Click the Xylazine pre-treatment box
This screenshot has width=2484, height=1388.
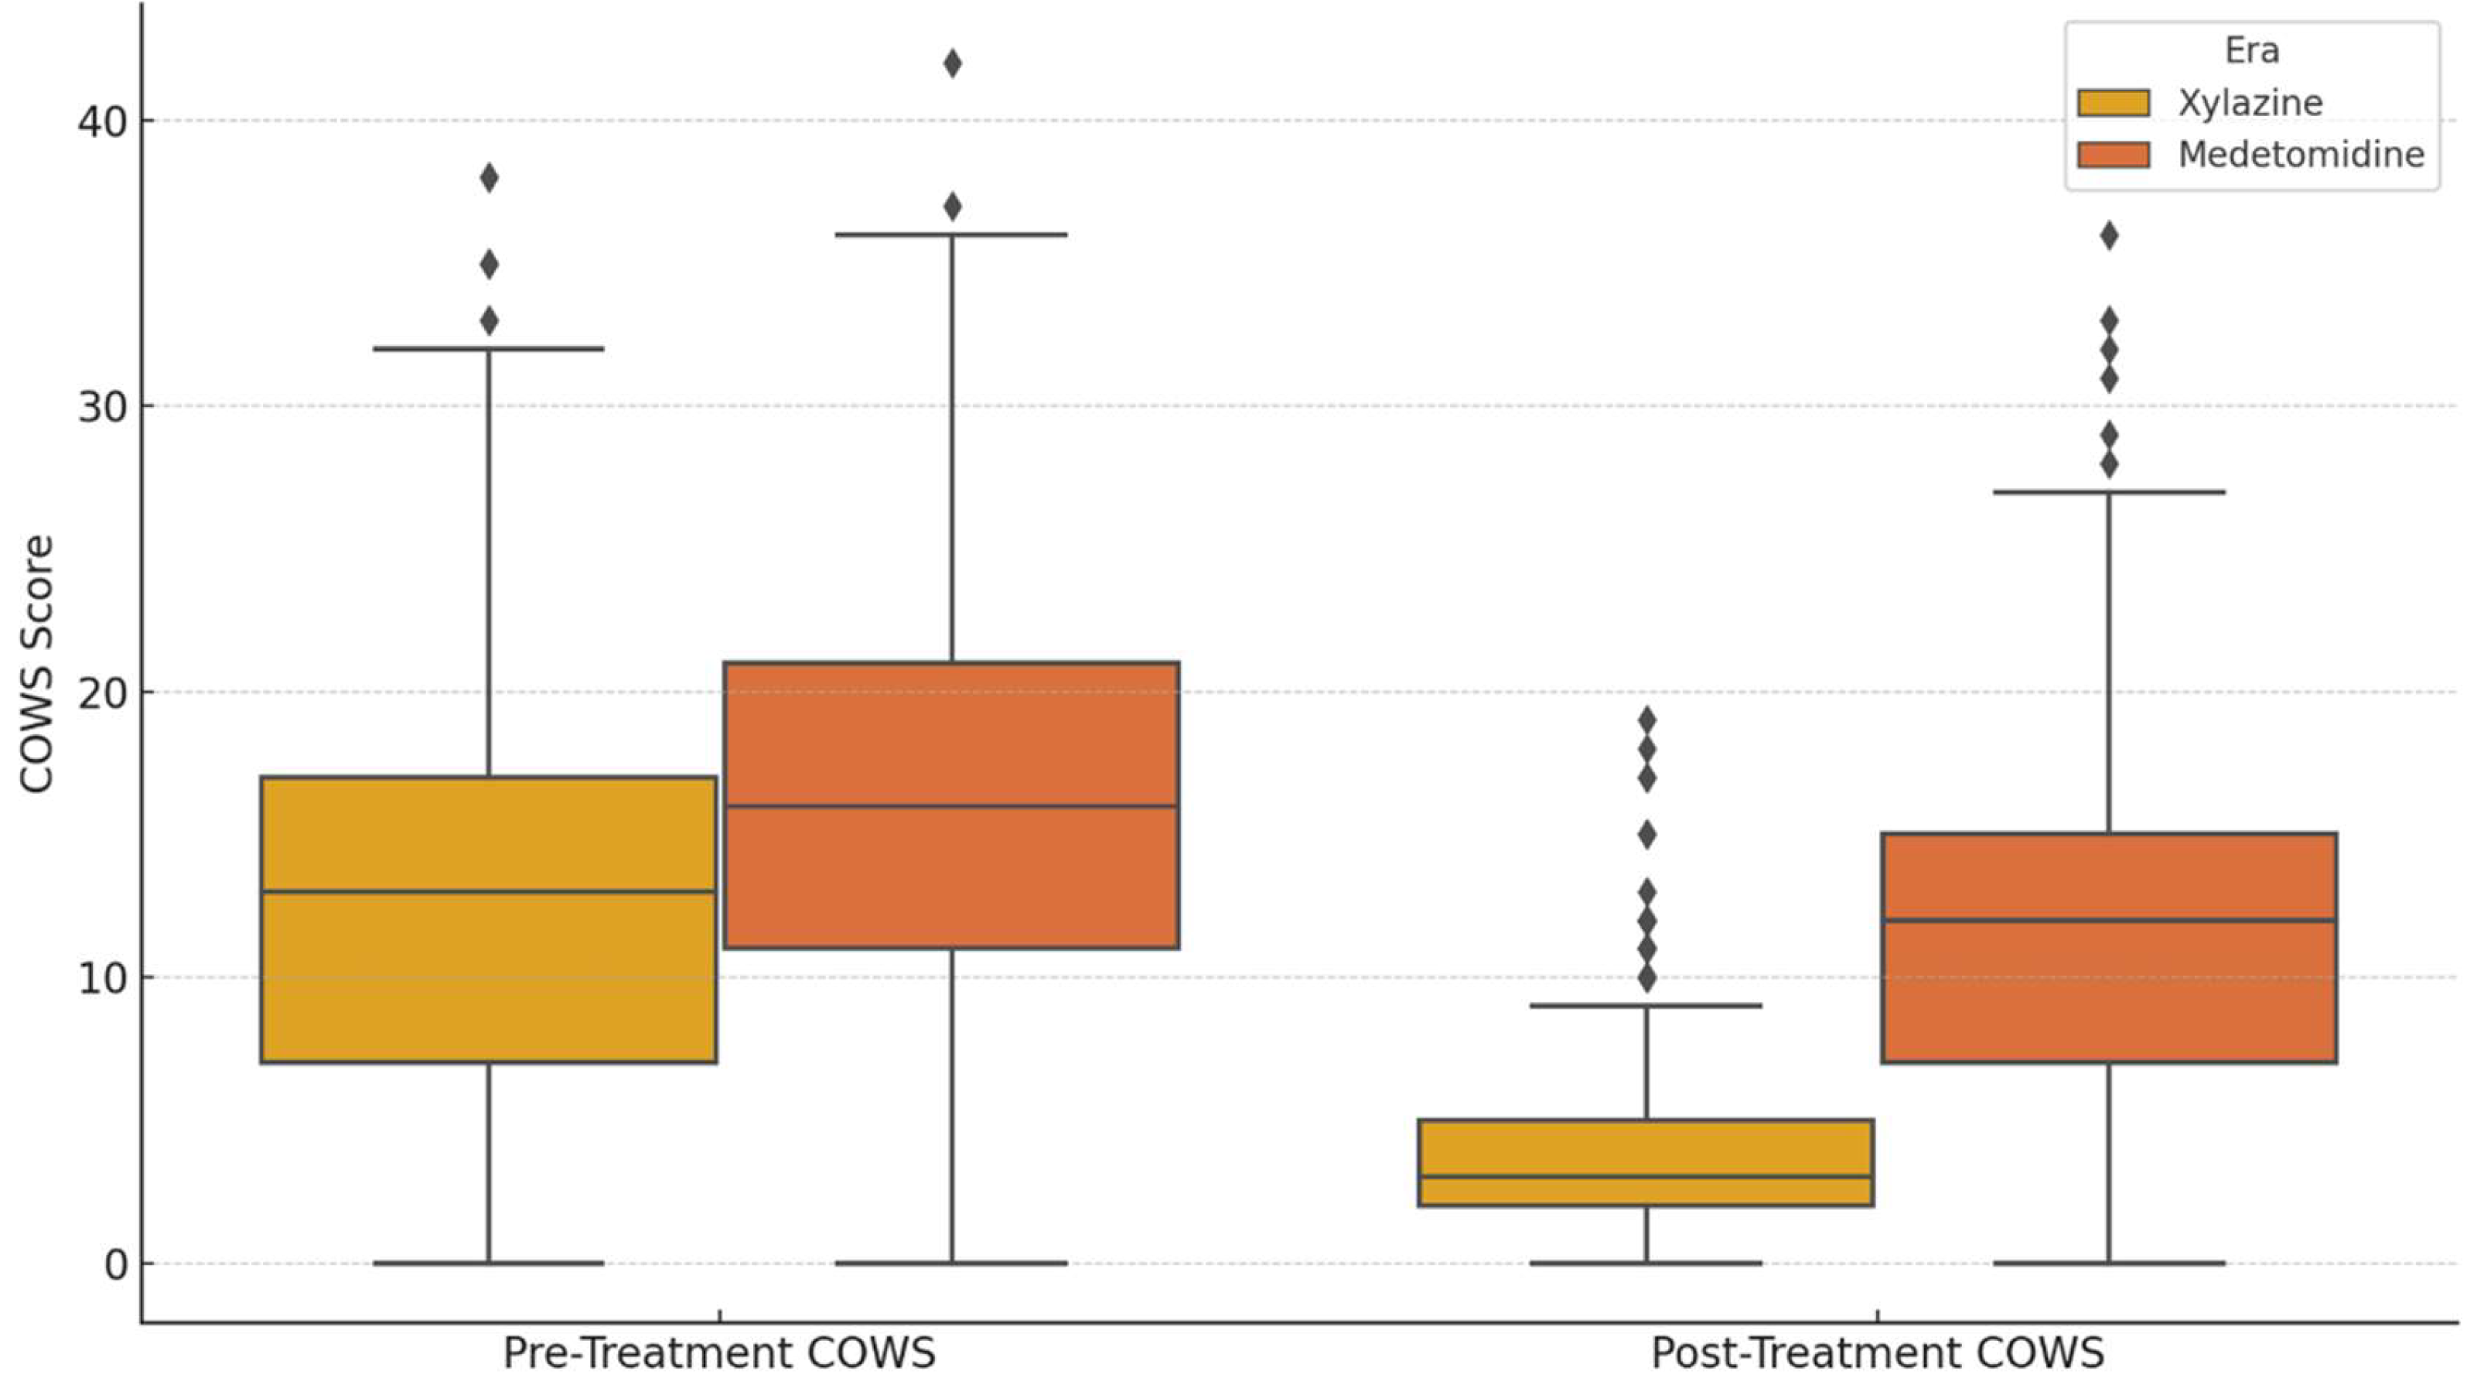coord(488,974)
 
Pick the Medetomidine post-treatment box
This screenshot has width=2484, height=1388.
coord(2109,993)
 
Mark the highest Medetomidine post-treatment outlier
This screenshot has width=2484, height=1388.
coord(2109,236)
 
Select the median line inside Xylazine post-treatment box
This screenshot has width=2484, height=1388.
coord(1645,1177)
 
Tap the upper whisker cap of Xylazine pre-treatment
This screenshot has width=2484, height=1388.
coord(489,349)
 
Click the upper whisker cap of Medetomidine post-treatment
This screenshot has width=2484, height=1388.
coord(2109,492)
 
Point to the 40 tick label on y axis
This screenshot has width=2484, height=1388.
coord(102,122)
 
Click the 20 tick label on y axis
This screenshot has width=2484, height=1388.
coord(102,693)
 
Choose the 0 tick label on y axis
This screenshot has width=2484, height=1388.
coord(116,1264)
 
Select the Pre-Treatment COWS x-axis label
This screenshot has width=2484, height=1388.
coord(718,1353)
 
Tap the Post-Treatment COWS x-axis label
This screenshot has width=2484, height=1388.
coord(1876,1353)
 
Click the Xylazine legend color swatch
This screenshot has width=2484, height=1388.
coord(2114,103)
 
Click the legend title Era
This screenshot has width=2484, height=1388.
coord(2251,50)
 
